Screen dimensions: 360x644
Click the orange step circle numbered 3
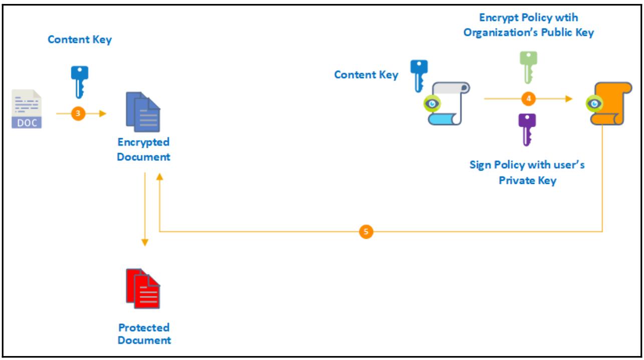point(77,114)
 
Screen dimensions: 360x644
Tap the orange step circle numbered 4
point(528,99)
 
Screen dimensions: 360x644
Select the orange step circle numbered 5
point(366,232)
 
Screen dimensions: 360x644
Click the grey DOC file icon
point(27,109)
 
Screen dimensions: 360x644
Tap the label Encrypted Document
point(144,149)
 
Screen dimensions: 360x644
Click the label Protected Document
point(144,334)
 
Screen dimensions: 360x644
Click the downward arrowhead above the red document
point(145,243)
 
